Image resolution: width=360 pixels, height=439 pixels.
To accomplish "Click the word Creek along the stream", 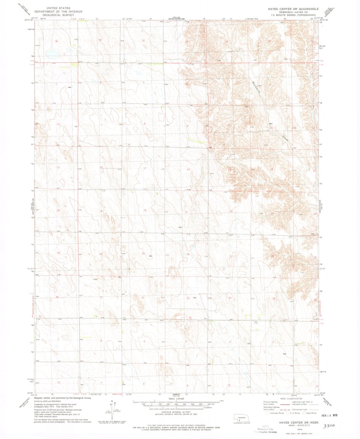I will pyautogui.click(x=286, y=138).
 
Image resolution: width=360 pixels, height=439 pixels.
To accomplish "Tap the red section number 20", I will pyautogui.click(x=145, y=210).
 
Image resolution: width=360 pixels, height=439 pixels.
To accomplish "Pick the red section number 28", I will pyautogui.click(x=188, y=254).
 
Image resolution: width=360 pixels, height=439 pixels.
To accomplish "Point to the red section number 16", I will pyautogui.click(x=188, y=169).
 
